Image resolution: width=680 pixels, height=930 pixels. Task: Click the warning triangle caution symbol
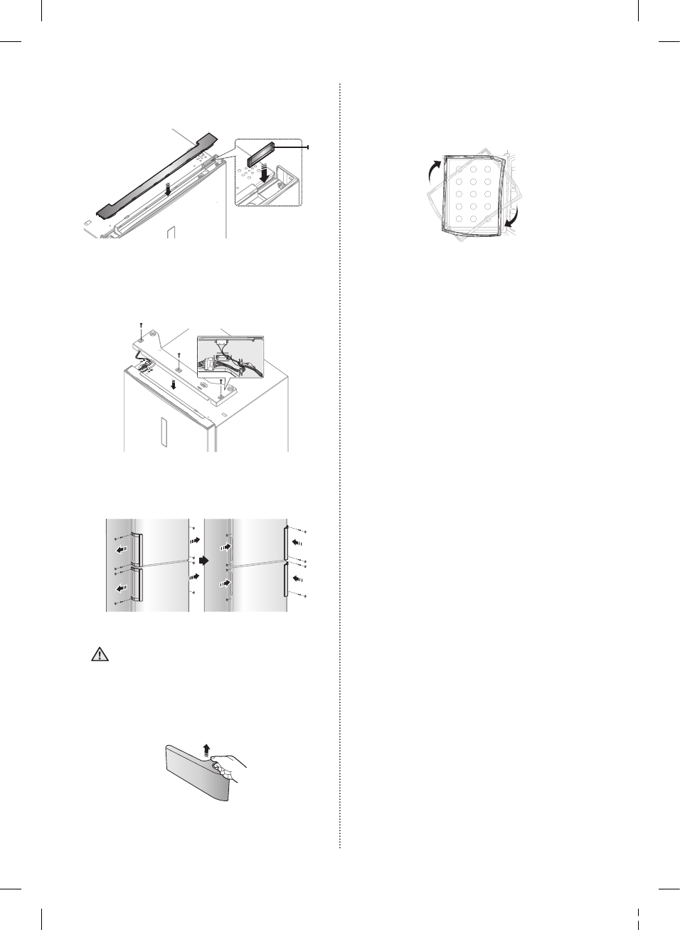coord(100,655)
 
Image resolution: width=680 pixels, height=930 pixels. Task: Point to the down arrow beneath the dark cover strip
coord(167,189)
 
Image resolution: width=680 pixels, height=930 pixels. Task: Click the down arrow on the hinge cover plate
coord(174,385)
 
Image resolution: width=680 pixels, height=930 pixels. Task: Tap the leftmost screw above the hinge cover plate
coord(142,328)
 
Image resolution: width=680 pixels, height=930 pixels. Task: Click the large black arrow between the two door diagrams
coord(203,561)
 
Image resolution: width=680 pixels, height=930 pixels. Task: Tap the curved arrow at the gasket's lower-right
coord(513,216)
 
